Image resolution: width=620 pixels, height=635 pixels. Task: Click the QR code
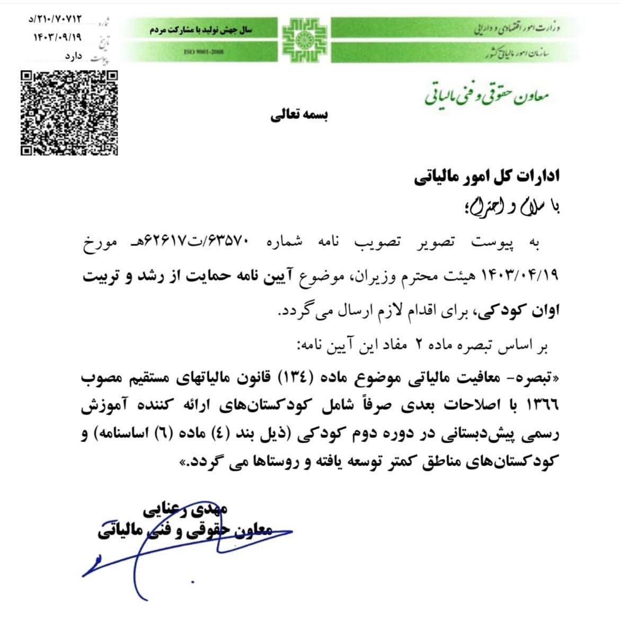69,112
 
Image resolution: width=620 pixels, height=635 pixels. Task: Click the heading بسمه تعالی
299,116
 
